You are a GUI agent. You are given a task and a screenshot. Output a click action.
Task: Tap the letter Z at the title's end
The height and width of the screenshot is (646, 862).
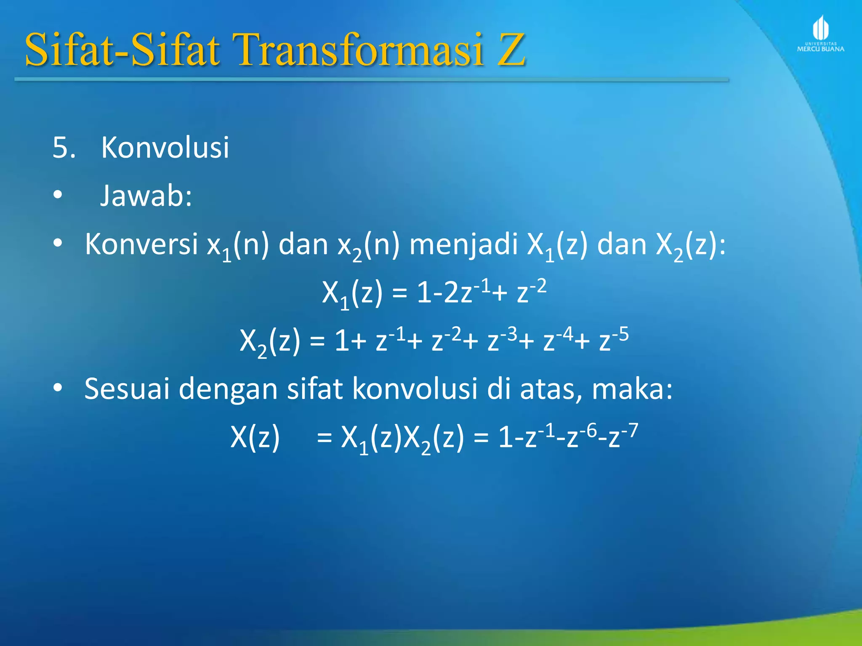(x=511, y=50)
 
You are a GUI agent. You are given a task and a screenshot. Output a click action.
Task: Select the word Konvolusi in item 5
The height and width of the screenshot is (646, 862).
(x=165, y=148)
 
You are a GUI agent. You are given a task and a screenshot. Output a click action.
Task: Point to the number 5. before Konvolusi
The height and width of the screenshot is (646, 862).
(x=64, y=148)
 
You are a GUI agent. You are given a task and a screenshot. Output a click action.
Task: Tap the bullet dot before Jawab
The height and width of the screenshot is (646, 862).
(x=58, y=195)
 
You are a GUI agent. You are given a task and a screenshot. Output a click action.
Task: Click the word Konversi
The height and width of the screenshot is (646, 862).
(x=141, y=244)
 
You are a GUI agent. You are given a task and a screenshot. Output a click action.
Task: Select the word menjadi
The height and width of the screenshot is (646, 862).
(x=463, y=245)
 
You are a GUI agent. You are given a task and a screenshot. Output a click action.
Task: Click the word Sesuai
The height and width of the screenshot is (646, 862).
(x=127, y=388)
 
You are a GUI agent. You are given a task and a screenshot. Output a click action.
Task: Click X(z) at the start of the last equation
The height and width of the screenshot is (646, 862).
(x=255, y=437)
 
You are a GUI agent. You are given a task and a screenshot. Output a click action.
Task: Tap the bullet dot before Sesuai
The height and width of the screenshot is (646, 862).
(x=58, y=387)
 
